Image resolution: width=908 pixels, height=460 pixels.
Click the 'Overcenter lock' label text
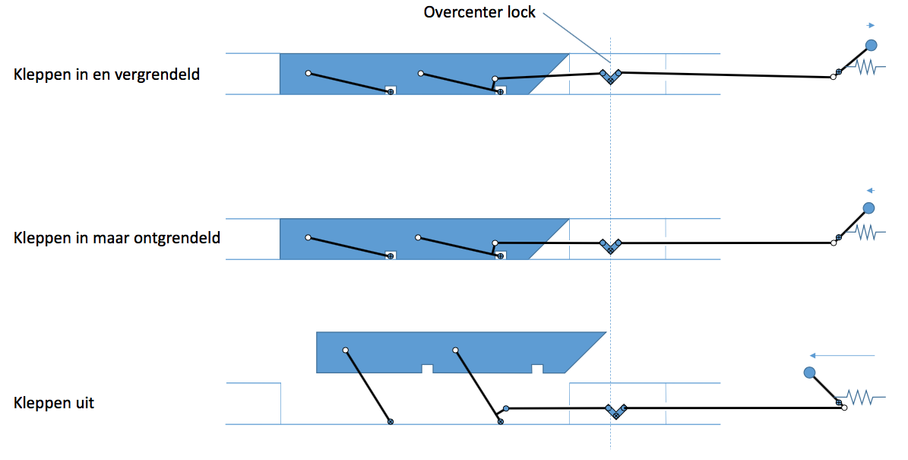click(x=479, y=12)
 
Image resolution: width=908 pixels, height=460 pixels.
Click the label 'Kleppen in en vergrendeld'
click(x=106, y=75)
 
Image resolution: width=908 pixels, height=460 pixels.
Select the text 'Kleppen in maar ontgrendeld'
click(x=116, y=238)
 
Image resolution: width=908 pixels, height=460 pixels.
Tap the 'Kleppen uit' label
click(x=54, y=403)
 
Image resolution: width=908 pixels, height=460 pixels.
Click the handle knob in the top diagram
click(x=871, y=45)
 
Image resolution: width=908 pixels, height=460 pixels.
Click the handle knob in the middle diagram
click(x=868, y=208)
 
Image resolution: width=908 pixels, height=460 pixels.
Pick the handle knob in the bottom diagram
click(x=809, y=373)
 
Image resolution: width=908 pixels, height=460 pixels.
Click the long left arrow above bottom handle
click(x=842, y=355)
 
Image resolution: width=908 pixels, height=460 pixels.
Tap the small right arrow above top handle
click(x=870, y=26)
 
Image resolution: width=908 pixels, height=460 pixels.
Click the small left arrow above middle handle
click(x=870, y=191)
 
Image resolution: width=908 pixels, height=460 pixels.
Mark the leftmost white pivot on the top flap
click(x=308, y=73)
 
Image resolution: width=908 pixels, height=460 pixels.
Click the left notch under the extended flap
click(x=427, y=369)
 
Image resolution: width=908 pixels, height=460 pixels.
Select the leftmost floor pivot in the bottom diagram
click(x=391, y=421)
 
